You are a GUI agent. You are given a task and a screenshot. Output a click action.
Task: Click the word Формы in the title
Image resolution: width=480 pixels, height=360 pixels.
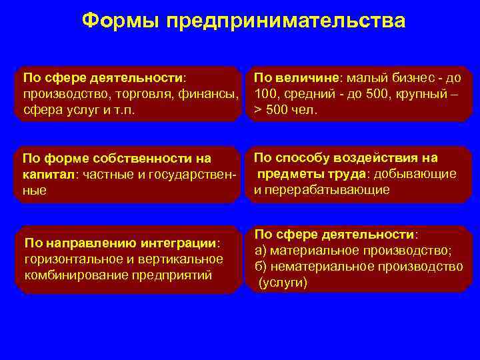(121, 21)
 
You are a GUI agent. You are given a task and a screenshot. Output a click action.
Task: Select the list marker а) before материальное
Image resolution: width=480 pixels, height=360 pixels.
(261, 251)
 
